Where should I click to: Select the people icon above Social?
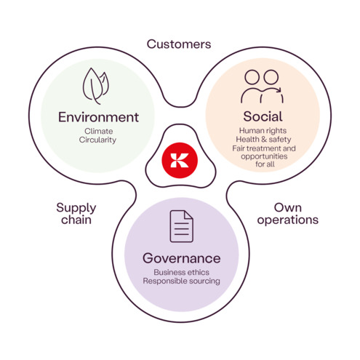[261, 86]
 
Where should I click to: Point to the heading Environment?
[98, 116]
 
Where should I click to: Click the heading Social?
[261, 116]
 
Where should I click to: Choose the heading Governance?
[181, 258]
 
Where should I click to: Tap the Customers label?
[179, 44]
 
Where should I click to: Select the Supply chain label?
[76, 213]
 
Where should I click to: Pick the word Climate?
[98, 131]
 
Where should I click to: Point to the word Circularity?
[98, 140]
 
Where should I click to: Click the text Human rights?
[261, 131]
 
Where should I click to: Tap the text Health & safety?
[261, 140]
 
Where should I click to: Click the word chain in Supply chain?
[76, 220]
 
